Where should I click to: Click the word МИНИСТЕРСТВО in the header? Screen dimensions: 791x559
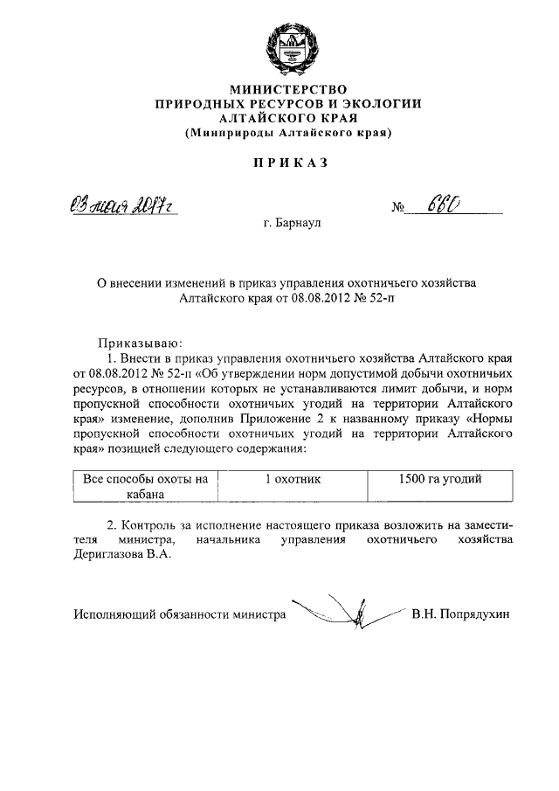[x=287, y=89]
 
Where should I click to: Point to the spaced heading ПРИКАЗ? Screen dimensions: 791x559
[x=287, y=163]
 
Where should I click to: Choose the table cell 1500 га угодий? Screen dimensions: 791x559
[x=439, y=478]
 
